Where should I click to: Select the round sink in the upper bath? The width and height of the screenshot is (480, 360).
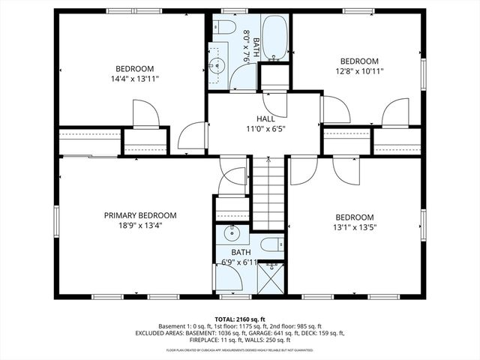coord(219,64)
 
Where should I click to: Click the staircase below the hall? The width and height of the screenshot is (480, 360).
coord(268,193)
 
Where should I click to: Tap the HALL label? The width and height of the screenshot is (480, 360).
coord(265,118)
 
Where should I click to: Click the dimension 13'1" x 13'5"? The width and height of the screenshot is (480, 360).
coord(354,227)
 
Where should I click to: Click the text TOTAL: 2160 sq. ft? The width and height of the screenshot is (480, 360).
coord(240,319)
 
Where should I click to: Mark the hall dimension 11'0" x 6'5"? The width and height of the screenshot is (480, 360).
coord(265,128)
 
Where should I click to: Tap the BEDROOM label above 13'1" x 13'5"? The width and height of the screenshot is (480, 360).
coord(354,217)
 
